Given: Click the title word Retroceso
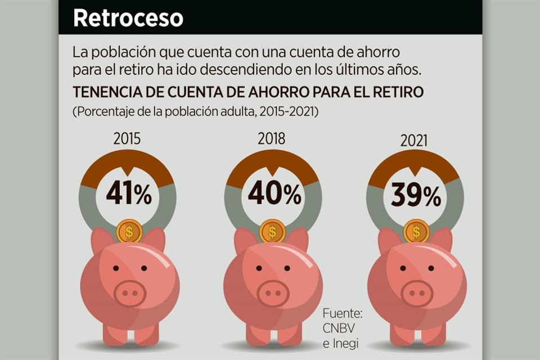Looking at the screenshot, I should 128,18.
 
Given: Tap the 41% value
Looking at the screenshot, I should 129,195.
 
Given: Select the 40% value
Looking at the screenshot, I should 274,195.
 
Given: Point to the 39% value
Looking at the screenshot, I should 416,196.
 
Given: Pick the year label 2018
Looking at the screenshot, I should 271,139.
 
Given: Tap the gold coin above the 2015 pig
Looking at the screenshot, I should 129,231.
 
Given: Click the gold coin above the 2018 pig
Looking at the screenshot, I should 273,231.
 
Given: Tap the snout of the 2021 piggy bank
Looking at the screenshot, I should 417,292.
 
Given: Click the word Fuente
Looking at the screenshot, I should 342,313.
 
